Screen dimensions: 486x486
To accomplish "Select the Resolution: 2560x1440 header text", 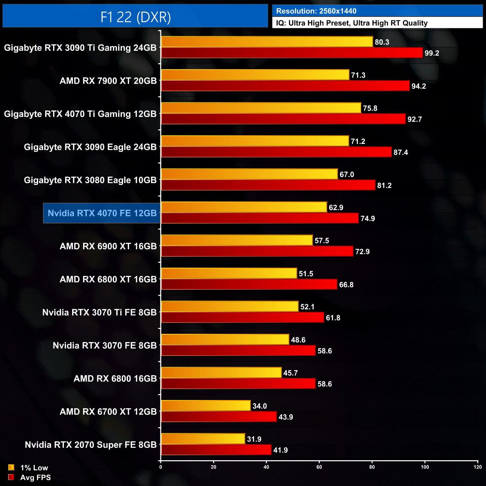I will point(316,11).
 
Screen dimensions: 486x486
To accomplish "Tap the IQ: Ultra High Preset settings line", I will point(351,23).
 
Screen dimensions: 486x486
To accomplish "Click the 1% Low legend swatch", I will point(11,467).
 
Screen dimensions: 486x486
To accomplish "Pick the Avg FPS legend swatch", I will point(11,477).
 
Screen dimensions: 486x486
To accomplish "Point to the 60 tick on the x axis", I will point(319,467).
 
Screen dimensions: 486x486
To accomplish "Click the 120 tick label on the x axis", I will point(477,467).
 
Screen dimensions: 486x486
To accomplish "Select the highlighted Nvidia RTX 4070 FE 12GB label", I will point(102,213).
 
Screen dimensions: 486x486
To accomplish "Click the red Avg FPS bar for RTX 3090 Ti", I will point(292,53).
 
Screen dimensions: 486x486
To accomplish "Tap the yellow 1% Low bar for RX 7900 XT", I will point(255,75).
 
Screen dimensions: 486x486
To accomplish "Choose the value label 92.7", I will point(415,119).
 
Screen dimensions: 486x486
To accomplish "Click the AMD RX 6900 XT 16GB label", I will point(108,246).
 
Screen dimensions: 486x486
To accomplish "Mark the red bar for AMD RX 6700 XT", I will point(219,417).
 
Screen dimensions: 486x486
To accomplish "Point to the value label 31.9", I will point(254,439).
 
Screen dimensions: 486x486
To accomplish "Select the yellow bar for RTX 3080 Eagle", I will point(249,174).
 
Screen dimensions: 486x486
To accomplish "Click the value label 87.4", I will point(401,153).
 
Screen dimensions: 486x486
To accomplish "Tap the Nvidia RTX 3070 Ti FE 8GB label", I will point(99,313).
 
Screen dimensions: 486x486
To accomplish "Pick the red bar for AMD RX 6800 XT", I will point(249,284).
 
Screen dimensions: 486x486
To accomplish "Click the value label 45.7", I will point(290,373).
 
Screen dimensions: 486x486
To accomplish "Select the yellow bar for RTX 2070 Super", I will point(203,439).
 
